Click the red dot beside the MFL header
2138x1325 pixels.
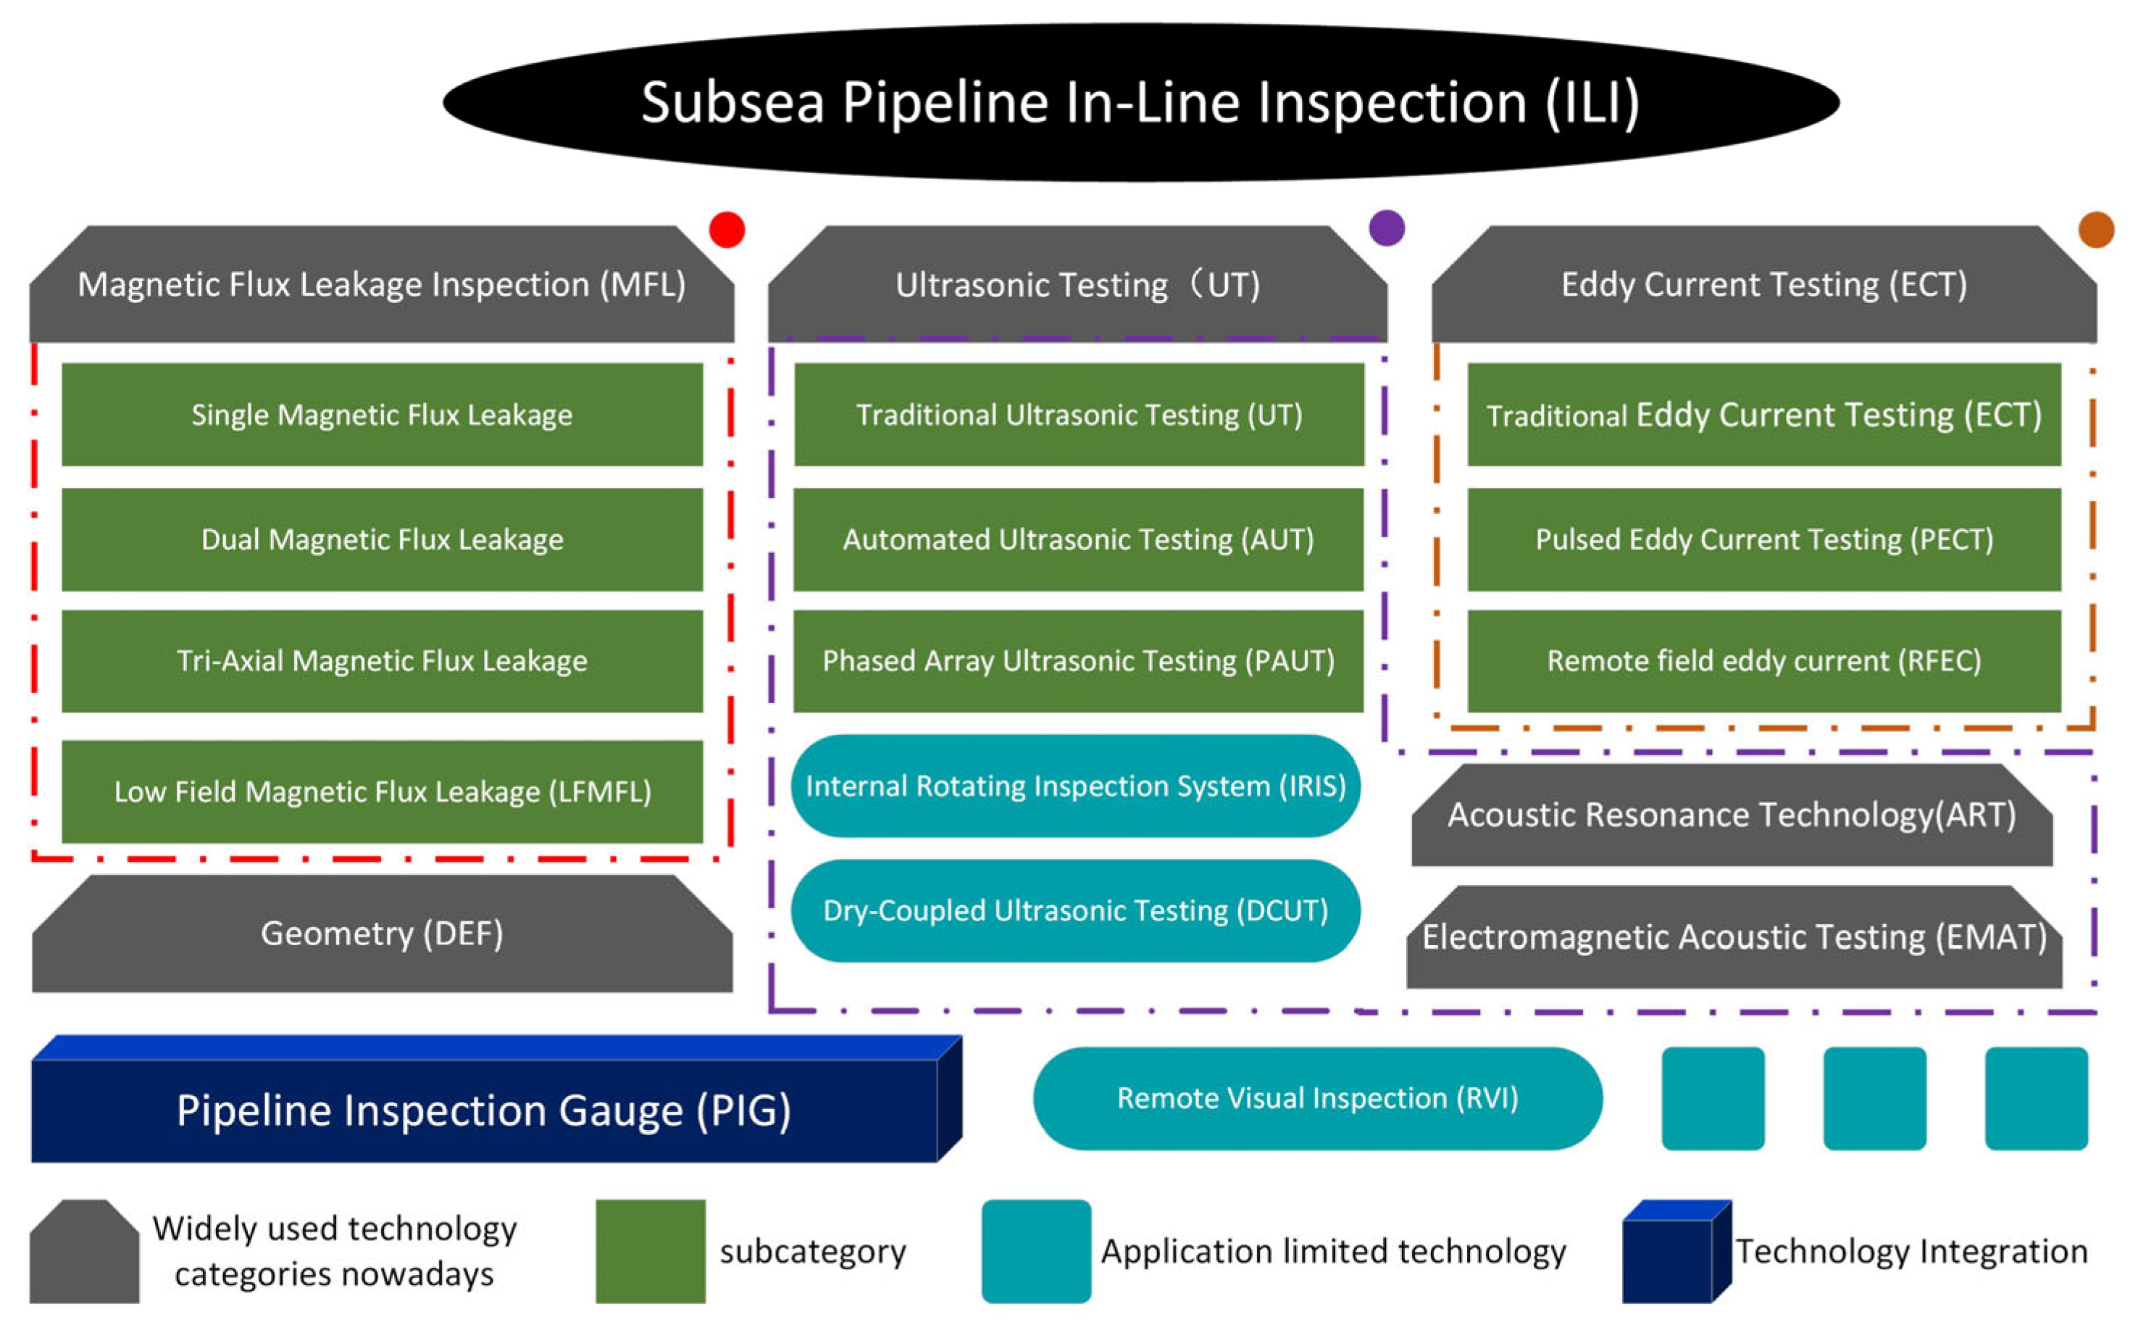[727, 230]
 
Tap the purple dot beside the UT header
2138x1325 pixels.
[1387, 228]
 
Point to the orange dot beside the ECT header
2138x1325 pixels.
[2096, 230]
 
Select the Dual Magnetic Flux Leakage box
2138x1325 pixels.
[382, 539]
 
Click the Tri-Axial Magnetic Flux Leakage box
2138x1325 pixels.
[382, 661]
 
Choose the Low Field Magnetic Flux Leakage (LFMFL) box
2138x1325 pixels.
[382, 792]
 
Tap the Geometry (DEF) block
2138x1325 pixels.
[382, 934]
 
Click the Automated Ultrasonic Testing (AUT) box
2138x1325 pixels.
[1078, 539]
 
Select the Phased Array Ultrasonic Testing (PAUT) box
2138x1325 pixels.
[1078, 661]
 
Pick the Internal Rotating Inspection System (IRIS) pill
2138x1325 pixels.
[1076, 786]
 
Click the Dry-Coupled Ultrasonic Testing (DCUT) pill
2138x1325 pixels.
[1076, 910]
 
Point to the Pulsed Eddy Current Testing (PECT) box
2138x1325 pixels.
[1764, 539]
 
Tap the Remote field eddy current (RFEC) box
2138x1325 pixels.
[1764, 661]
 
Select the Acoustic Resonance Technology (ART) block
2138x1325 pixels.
[1732, 815]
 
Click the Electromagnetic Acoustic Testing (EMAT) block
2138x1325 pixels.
[1734, 936]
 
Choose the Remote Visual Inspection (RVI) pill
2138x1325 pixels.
[1318, 1098]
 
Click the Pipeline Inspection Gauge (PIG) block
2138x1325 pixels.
[496, 1099]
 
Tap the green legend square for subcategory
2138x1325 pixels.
[651, 1251]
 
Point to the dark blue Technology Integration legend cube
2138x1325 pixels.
[1677, 1251]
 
